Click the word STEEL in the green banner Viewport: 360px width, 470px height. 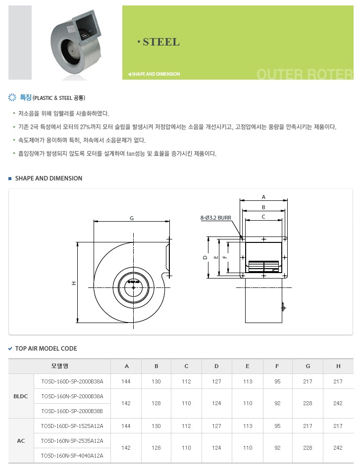pos(161,42)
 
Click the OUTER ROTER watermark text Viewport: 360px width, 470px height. pos(305,74)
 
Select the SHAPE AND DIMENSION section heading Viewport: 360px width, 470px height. pos(49,178)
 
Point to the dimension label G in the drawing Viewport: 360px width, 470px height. pos(132,218)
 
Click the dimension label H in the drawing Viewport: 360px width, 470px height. pos(74,283)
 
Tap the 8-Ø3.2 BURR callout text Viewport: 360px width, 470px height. pos(216,218)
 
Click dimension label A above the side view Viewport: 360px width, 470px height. pos(263,197)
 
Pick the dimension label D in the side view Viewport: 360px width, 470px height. pos(205,257)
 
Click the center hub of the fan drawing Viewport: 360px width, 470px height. pos(134,288)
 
